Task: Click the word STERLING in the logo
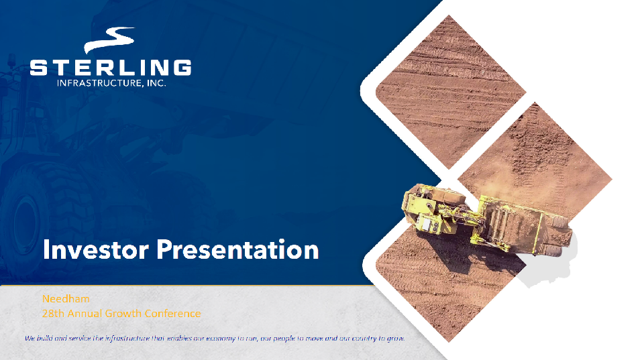pyautogui.click(x=111, y=67)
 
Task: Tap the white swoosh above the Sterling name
pyautogui.click(x=110, y=40)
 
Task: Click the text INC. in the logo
pyautogui.click(x=156, y=83)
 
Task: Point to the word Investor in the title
pyautogui.click(x=96, y=249)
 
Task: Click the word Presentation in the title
pyautogui.click(x=237, y=249)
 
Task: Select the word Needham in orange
pyautogui.click(x=66, y=299)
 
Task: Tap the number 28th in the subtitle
pyautogui.click(x=54, y=313)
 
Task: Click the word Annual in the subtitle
pyautogui.click(x=85, y=313)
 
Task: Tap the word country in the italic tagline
pyautogui.click(x=364, y=339)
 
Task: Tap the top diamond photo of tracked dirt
pyautogui.click(x=451, y=92)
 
